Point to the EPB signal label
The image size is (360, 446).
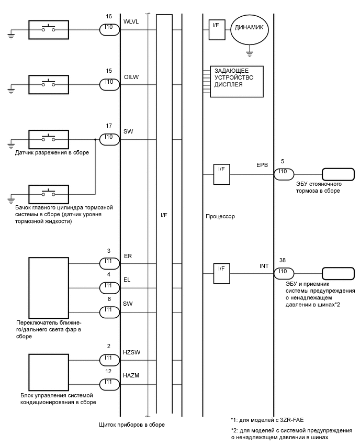[x=262, y=164]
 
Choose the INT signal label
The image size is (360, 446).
[x=264, y=266]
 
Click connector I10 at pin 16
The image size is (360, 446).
[x=109, y=30]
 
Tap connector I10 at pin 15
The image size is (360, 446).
[x=109, y=83]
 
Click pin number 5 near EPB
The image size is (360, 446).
[x=283, y=162]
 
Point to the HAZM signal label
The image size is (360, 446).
[x=132, y=375]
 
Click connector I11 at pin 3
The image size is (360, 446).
[x=109, y=263]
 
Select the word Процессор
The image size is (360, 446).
[x=221, y=216]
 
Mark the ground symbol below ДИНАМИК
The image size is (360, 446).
[x=250, y=53]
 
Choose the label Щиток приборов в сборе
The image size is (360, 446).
[x=131, y=425]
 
